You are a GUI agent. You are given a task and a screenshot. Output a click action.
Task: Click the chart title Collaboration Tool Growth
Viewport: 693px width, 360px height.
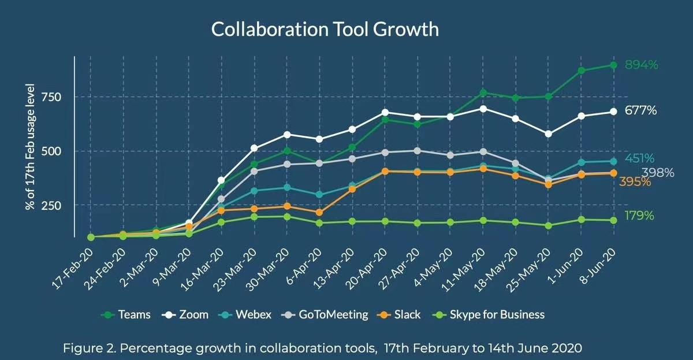[325, 29]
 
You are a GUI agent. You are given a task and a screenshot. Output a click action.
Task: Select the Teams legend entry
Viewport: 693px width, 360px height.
[128, 315]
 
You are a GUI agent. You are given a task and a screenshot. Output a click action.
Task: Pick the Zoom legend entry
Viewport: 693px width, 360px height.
[187, 315]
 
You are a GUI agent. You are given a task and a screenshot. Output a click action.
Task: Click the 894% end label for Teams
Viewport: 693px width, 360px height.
[641, 65]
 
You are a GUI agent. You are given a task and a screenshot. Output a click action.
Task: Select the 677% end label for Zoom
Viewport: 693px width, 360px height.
[641, 111]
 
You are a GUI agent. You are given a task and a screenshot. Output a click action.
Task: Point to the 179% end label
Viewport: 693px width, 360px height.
[639, 216]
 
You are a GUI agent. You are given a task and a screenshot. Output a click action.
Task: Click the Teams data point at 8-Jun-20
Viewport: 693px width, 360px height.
[614, 65]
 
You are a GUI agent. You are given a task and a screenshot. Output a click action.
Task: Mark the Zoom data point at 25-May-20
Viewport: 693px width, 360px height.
[548, 134]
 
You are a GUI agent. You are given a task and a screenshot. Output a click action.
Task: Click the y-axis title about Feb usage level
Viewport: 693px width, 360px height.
[31, 147]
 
